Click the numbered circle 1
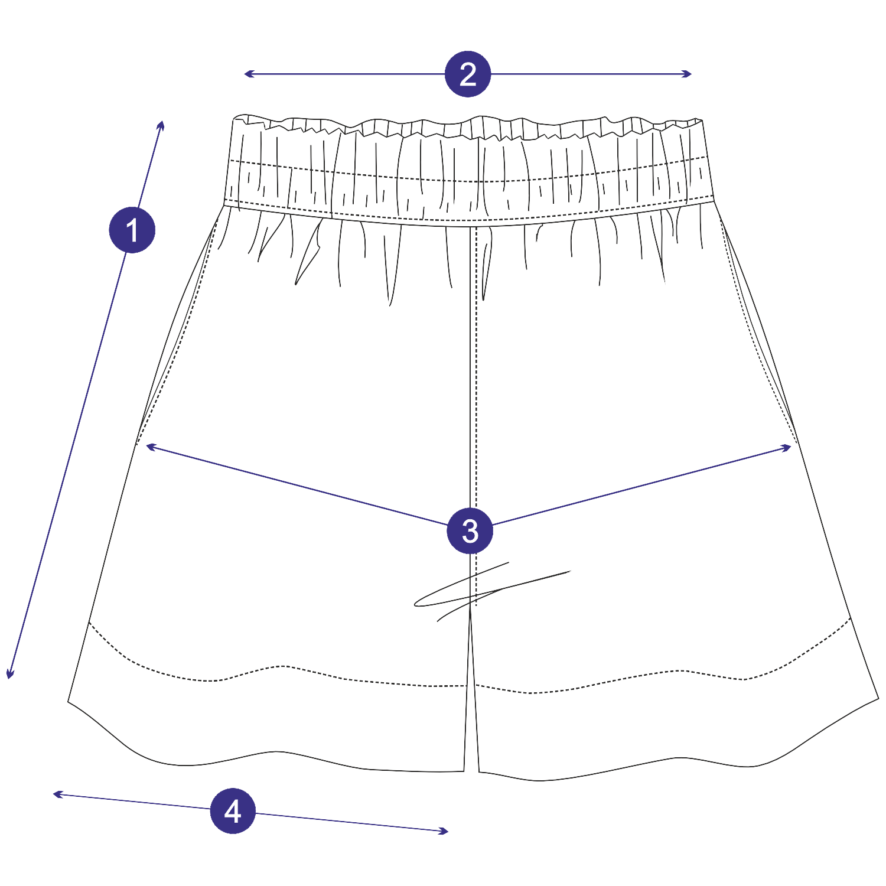pos(132,230)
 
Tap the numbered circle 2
pos(468,74)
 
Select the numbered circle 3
pos(470,530)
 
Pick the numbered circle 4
pos(233,810)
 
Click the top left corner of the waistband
pos(234,118)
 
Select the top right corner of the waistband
pos(702,120)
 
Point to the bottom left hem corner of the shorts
pos(68,701)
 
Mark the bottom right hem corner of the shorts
pos(878,699)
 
